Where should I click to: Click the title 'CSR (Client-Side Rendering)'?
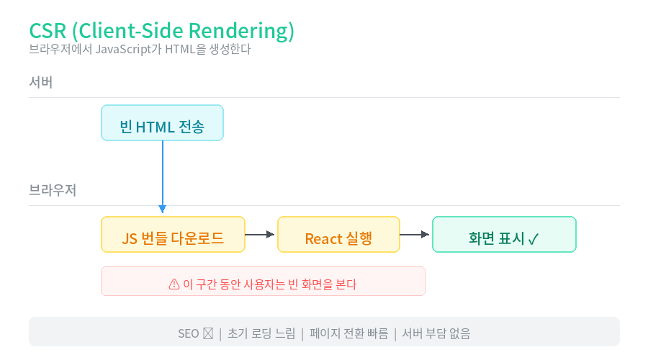click(161, 31)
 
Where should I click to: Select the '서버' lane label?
click(40, 82)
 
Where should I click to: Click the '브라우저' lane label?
click(53, 190)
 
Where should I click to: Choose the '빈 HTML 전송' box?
click(163, 122)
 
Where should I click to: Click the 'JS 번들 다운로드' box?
click(173, 234)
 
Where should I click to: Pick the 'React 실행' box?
click(339, 234)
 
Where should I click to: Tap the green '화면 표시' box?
click(504, 234)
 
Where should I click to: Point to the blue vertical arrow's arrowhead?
click(163, 209)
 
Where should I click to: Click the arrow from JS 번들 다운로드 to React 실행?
click(259, 234)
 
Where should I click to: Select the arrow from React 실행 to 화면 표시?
click(415, 234)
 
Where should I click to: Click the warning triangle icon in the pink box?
click(174, 284)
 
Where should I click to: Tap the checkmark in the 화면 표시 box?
click(533, 239)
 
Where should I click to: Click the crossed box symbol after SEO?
click(208, 333)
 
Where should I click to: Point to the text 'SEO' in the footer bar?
click(189, 333)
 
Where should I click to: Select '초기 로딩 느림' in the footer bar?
click(261, 333)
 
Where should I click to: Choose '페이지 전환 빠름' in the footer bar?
click(348, 333)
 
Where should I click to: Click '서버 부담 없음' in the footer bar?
click(436, 333)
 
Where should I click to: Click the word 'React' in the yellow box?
click(323, 239)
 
